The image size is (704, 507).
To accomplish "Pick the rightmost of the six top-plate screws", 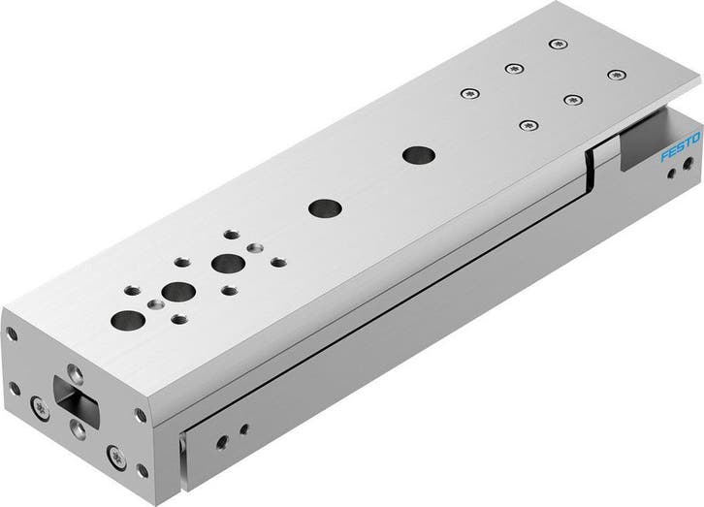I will click(613, 74).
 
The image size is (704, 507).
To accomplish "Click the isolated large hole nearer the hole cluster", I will click(319, 207).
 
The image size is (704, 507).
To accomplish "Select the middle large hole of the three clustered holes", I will click(176, 289).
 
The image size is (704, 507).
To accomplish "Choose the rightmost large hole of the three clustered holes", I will click(229, 262).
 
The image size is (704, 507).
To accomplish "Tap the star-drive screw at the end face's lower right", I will click(118, 451).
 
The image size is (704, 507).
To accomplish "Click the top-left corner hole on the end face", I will click(13, 334).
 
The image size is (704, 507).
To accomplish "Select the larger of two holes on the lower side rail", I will click(223, 441).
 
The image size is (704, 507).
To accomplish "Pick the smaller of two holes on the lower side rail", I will click(243, 428).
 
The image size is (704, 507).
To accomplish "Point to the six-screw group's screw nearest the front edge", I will click(528, 124).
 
